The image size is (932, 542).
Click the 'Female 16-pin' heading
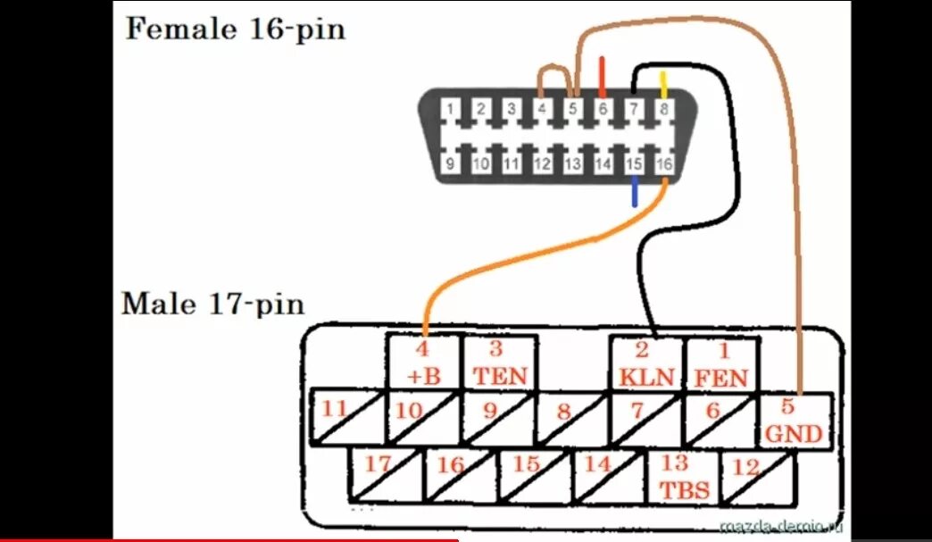point(235,29)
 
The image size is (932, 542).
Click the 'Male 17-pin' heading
point(212,304)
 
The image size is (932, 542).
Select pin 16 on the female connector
point(663,163)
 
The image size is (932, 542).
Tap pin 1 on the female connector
point(452,110)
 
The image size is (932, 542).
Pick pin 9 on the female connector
point(452,163)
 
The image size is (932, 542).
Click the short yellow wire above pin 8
point(663,85)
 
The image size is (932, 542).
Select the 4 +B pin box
point(423,362)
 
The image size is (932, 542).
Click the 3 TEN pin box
point(499,362)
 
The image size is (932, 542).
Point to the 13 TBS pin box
point(683,476)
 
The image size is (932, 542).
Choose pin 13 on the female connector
point(573,163)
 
